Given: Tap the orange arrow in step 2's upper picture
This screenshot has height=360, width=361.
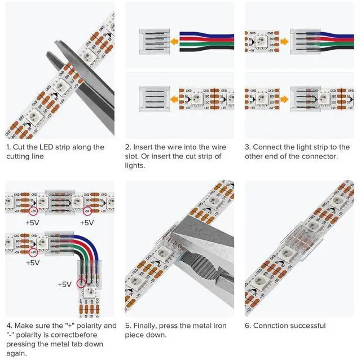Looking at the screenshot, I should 175,42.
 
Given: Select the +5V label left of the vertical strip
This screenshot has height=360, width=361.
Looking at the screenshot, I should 65,284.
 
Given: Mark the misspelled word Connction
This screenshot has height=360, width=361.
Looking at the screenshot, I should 270,326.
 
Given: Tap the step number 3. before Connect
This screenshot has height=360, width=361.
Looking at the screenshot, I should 248,147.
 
